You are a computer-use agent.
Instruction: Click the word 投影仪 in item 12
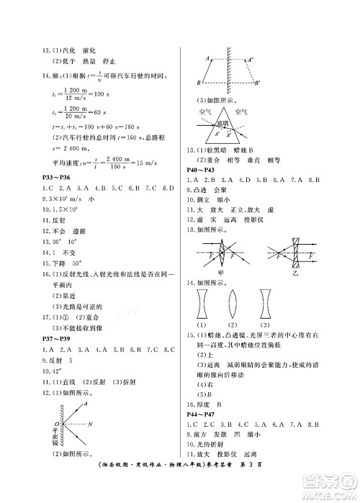coord(277,224)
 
